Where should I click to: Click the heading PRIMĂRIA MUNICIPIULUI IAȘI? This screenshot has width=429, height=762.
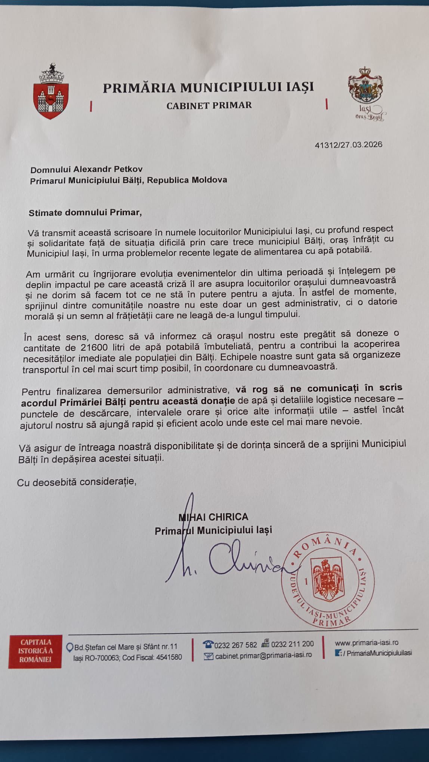click(208, 87)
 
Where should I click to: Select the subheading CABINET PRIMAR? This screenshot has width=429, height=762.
click(209, 106)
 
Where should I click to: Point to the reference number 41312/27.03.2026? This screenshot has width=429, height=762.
click(348, 145)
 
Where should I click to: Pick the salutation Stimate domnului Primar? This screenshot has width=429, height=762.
click(85, 213)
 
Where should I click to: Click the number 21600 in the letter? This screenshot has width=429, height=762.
click(94, 347)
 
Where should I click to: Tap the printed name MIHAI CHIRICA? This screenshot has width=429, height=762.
click(213, 517)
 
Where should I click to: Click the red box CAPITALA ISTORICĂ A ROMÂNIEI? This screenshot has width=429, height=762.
click(35, 651)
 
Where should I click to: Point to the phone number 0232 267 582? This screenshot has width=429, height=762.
click(235, 645)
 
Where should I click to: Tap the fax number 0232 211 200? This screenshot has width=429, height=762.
click(292, 644)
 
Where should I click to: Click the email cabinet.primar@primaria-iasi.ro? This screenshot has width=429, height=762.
click(263, 655)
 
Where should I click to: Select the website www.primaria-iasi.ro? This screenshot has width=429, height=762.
click(366, 642)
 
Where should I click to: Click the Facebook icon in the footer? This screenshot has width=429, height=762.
click(339, 653)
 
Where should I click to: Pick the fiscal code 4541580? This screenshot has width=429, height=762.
click(167, 657)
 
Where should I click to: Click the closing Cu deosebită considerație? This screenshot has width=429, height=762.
click(76, 482)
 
